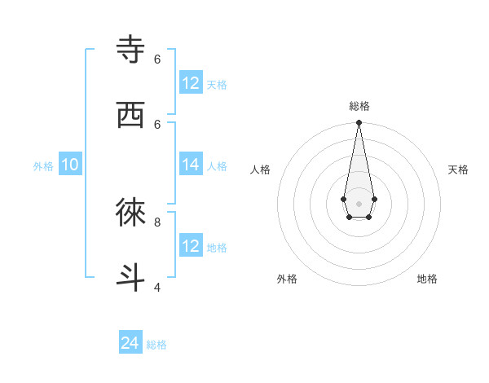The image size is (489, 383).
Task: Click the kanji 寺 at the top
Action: [131, 49]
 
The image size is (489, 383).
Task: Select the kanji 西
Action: [131, 115]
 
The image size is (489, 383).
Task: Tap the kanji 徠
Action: [131, 213]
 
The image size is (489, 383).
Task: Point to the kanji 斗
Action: [131, 277]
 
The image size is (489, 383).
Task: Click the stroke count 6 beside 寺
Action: [157, 59]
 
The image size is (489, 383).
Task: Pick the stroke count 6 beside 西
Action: [157, 124]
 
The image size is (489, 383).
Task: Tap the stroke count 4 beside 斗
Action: [157, 287]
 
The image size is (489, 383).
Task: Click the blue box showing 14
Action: [191, 165]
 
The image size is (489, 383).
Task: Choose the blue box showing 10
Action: [70, 165]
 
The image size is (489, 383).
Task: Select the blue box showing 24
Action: [130, 343]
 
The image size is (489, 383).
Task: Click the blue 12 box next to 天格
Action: [191, 82]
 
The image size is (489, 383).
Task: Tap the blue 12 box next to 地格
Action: [191, 245]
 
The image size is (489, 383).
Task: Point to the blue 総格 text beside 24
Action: [156, 345]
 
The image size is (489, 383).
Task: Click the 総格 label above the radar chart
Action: [359, 106]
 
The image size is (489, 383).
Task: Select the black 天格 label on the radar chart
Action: [458, 169]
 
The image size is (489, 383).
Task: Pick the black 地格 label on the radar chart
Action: [427, 279]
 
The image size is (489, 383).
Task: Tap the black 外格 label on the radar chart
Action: [287, 279]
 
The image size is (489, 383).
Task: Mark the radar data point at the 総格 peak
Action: [359, 123]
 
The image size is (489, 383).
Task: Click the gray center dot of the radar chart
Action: [359, 202]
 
